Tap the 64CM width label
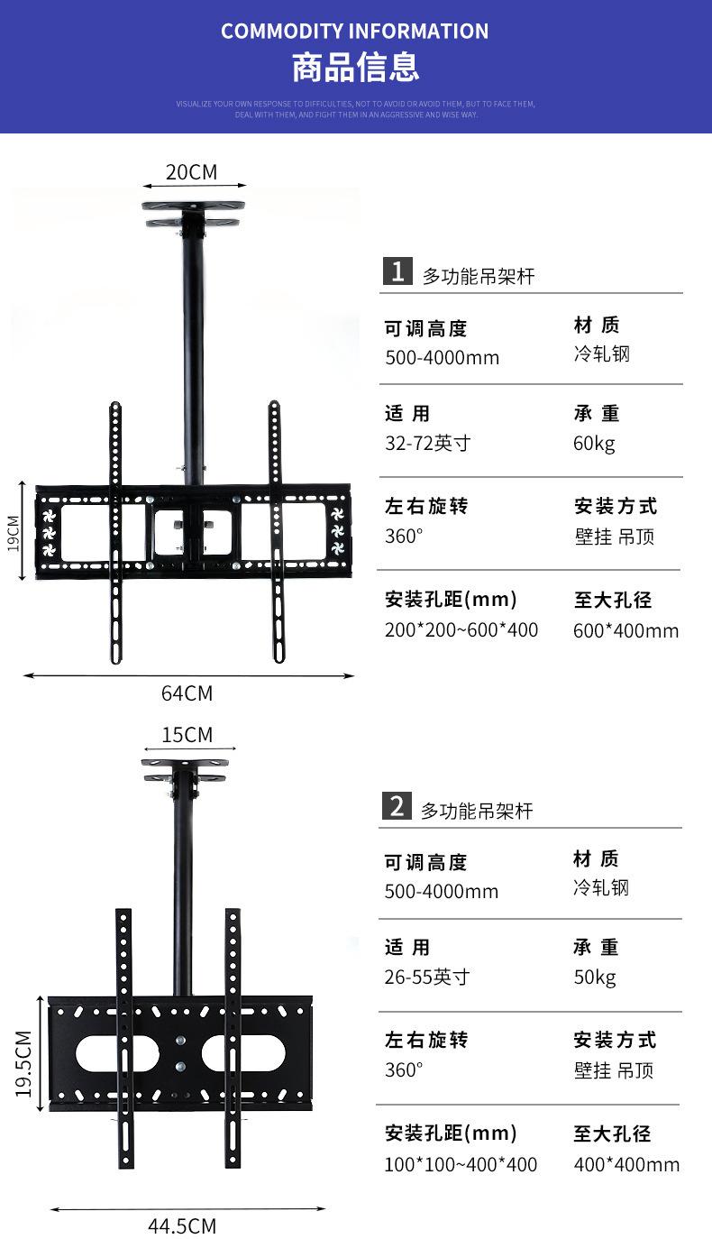(x=187, y=693)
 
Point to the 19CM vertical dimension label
(x=14, y=535)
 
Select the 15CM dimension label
(x=187, y=735)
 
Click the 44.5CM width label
(x=182, y=1226)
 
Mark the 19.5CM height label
(x=23, y=1063)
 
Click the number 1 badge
(x=397, y=271)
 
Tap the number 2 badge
(x=397, y=805)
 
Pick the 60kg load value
(x=594, y=444)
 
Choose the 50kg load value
(x=594, y=977)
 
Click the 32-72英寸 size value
(x=427, y=444)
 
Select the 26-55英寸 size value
(x=427, y=977)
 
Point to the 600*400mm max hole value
(x=625, y=630)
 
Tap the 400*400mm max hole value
(x=626, y=1164)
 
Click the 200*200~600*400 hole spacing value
(x=461, y=630)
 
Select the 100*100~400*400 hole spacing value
(x=461, y=1164)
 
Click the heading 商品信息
(x=355, y=69)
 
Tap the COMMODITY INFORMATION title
(x=355, y=32)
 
